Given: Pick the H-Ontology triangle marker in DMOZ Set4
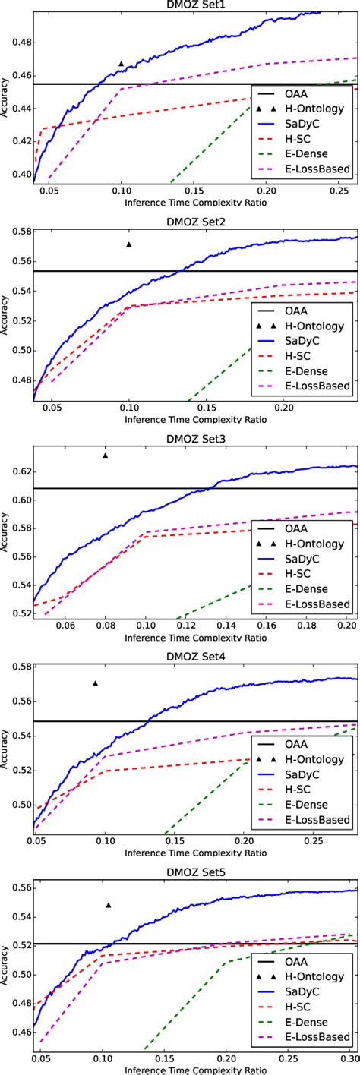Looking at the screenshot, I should point(96,683).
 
